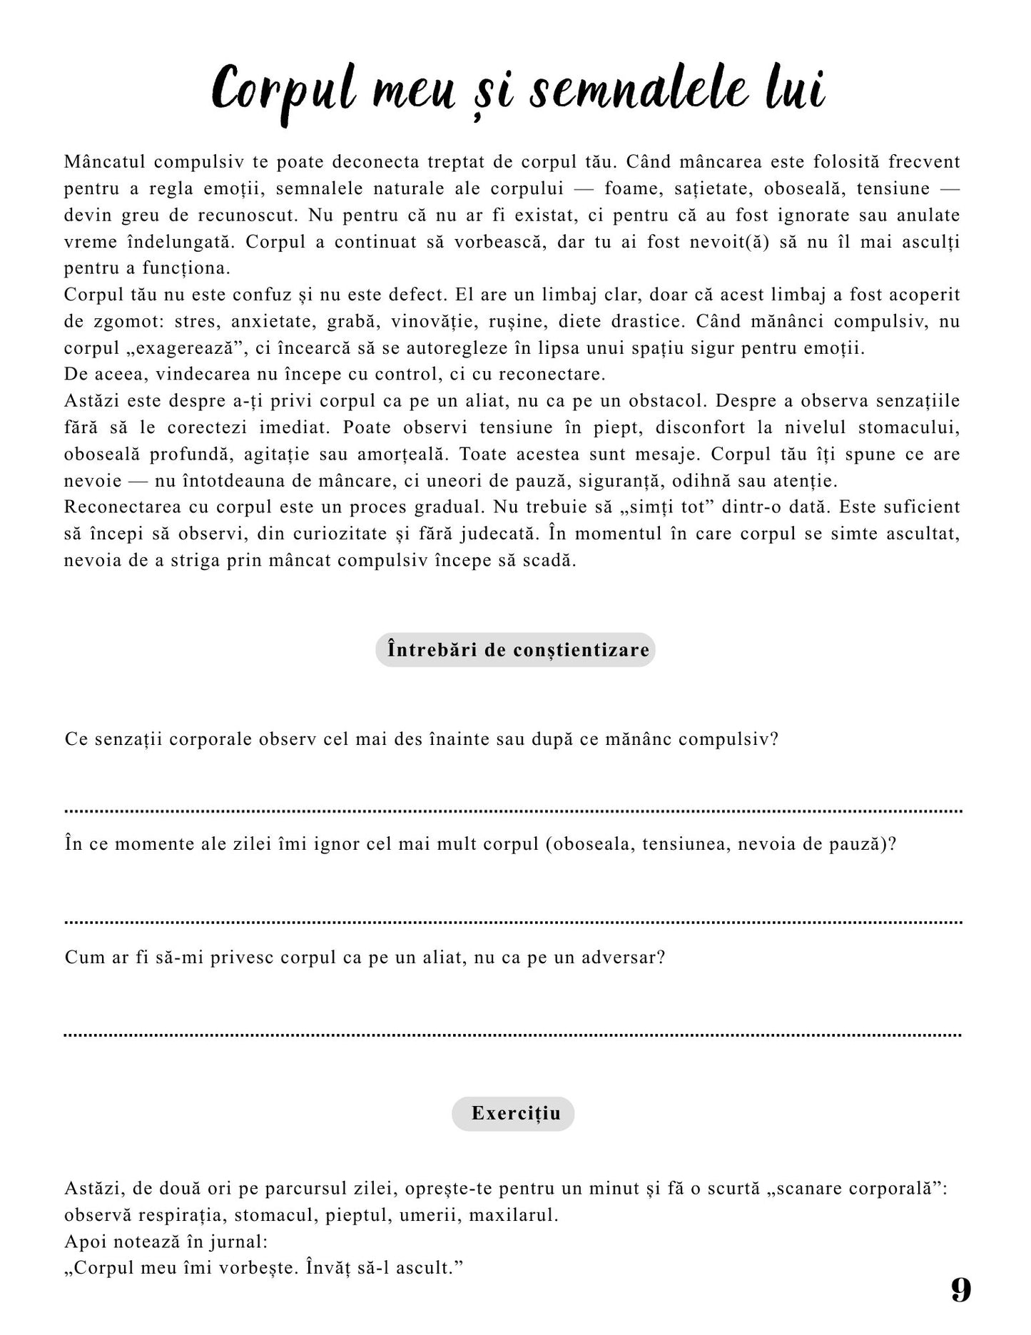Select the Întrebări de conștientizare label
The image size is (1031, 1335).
coord(515,650)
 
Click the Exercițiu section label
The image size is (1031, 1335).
coord(513,1114)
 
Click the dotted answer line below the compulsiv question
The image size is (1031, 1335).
coord(514,811)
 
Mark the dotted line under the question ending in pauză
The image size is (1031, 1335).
coord(514,922)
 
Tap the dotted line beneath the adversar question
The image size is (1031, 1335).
coord(514,1034)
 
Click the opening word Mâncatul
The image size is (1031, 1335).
coord(105,162)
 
